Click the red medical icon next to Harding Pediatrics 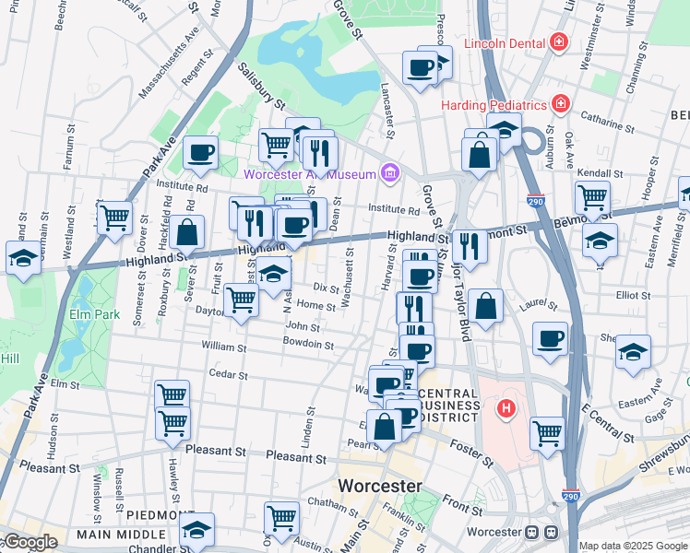558,103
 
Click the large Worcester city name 380,486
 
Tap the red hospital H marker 506,407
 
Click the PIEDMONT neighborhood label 159,514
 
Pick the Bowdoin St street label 309,344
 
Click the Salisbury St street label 263,80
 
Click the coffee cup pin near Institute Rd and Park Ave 200,152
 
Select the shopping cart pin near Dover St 114,218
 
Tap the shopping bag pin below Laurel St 485,307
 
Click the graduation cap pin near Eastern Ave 633,354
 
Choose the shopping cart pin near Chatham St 281,518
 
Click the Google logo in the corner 30,542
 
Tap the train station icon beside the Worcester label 541,533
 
